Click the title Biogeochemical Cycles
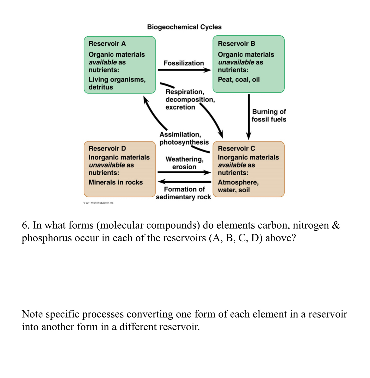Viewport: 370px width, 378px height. click(x=184, y=27)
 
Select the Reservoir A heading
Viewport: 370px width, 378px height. click(x=107, y=44)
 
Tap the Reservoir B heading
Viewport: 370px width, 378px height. click(x=236, y=44)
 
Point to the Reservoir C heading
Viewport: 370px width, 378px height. click(x=236, y=148)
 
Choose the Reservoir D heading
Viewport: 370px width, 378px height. click(x=107, y=148)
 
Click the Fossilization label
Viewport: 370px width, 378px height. click(x=183, y=63)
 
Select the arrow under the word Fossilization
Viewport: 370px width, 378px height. click(x=184, y=70)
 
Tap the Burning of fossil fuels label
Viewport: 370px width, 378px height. click(x=269, y=115)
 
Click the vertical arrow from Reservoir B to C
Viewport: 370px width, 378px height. click(x=249, y=115)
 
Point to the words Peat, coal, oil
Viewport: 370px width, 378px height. click(x=238, y=79)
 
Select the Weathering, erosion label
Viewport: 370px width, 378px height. click(x=184, y=163)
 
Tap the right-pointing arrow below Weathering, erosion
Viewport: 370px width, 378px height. click(x=184, y=172)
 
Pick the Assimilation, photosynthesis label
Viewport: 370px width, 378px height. click(x=184, y=138)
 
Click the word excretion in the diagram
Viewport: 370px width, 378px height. click(x=180, y=107)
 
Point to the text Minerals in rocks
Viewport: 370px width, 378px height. click(x=115, y=182)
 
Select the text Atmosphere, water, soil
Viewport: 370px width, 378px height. click(x=238, y=186)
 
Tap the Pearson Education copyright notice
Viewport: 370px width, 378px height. click(x=98, y=203)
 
